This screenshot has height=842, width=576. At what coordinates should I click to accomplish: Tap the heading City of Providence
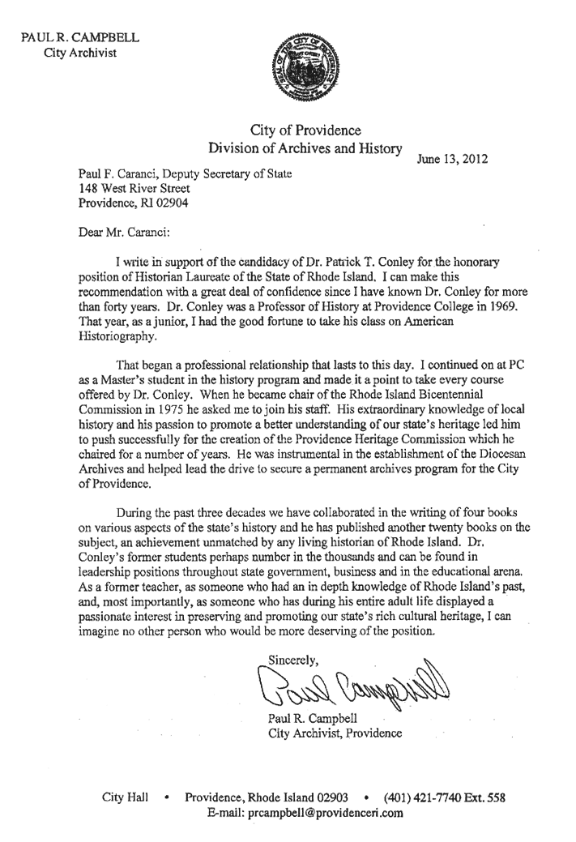coord(305,130)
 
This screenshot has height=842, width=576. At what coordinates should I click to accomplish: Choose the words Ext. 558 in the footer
coord(484,798)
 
